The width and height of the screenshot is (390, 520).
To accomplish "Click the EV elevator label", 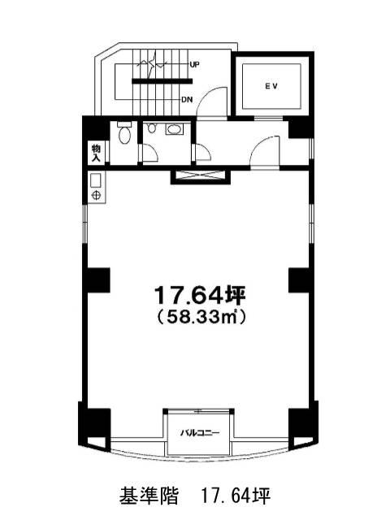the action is [271, 86].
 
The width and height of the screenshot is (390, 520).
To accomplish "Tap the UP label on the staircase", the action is [195, 65].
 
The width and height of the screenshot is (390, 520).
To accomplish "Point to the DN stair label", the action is [187, 99].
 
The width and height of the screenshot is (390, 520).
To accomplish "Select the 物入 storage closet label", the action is [96, 153].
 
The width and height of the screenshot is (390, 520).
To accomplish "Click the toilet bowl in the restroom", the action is [125, 136].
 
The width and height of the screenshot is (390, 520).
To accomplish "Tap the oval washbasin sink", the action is [174, 129].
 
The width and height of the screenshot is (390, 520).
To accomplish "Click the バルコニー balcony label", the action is [200, 433].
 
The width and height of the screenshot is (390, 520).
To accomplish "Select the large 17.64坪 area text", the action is [200, 295].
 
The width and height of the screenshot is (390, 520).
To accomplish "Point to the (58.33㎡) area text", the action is [201, 317].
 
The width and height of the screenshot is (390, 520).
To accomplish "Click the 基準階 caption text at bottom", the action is [149, 496].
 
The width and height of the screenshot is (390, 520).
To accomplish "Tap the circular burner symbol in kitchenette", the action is [96, 195].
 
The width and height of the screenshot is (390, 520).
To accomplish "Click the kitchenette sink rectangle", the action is [96, 180].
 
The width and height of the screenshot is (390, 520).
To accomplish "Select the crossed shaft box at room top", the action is [201, 176].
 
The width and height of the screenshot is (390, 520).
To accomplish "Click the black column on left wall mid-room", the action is [98, 279].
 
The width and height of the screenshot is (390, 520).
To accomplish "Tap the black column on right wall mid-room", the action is [300, 279].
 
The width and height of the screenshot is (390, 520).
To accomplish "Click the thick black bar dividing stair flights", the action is [162, 80].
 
